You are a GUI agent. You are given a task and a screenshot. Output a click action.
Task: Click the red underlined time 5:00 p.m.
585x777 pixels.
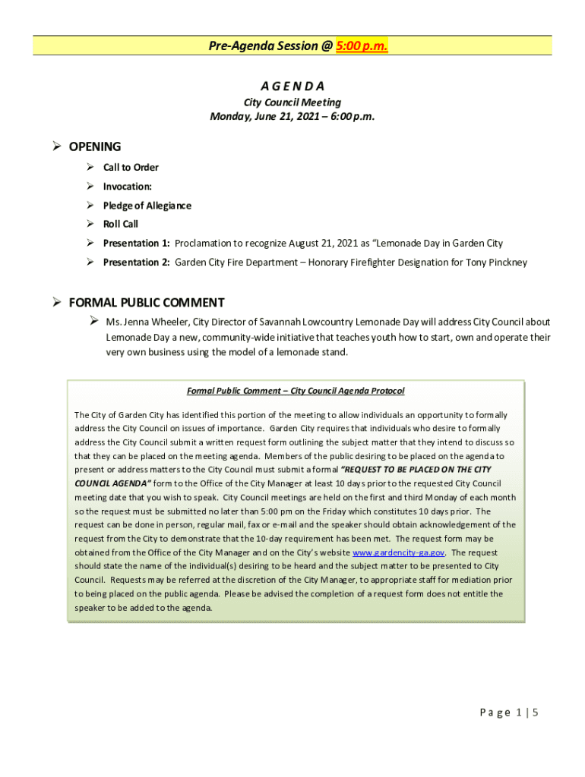click(x=362, y=46)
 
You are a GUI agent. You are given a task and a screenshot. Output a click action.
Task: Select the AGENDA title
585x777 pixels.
click(x=292, y=86)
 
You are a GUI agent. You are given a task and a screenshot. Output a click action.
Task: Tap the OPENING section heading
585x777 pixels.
click(x=95, y=146)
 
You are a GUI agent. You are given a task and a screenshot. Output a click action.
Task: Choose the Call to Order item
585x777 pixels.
click(x=131, y=168)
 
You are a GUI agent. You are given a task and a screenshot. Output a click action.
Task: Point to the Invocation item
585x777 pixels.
click(x=127, y=187)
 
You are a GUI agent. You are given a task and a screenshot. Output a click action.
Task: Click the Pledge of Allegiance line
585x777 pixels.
click(x=147, y=206)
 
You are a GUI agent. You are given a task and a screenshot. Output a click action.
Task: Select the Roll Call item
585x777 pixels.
click(x=121, y=225)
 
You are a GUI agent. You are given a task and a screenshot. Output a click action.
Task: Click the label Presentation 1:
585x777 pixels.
click(x=137, y=244)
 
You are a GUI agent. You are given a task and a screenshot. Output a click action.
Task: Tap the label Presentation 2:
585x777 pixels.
click(x=137, y=263)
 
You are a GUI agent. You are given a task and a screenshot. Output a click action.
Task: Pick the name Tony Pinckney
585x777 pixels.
click(x=495, y=263)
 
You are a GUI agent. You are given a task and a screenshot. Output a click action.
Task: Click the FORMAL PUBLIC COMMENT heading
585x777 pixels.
click(x=147, y=303)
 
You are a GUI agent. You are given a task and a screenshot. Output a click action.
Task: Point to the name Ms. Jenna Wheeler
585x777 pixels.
click(x=143, y=322)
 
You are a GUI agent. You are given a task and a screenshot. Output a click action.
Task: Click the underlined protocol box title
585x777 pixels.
click(x=296, y=391)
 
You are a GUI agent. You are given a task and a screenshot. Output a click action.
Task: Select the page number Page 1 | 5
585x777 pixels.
click(x=509, y=713)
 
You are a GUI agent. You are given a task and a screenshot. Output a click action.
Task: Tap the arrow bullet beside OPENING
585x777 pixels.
click(x=56, y=146)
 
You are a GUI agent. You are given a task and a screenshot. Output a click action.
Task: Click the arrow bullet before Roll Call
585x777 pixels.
click(x=90, y=225)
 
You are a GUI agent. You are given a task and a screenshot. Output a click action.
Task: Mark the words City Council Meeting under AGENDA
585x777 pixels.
click(x=292, y=102)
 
